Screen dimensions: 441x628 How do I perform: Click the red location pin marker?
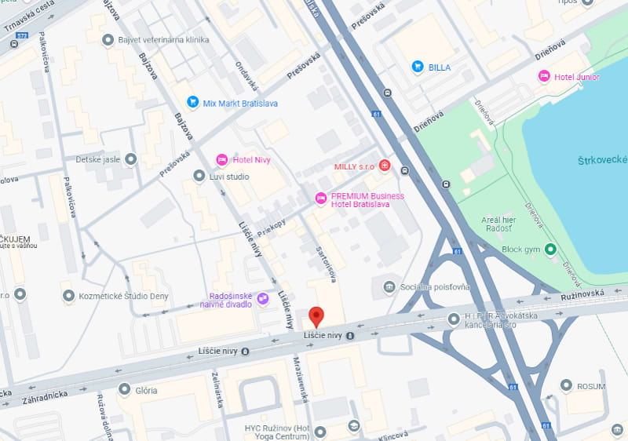(316, 316)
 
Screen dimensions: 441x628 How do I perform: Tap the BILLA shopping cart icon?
(418, 67)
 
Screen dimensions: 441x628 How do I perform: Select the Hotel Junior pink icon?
(544, 76)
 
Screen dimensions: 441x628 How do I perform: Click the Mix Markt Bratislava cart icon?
(192, 102)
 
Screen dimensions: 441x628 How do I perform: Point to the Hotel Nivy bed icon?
(222, 159)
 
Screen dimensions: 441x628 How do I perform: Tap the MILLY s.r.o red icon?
(385, 166)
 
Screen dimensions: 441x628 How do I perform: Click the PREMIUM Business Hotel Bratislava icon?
(319, 199)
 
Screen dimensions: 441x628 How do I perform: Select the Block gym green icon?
(551, 250)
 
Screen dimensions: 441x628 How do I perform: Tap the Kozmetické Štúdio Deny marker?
(68, 295)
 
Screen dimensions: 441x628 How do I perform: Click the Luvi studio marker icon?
(199, 176)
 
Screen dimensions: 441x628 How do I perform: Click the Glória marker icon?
(124, 389)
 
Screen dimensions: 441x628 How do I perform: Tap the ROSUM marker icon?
(567, 385)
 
